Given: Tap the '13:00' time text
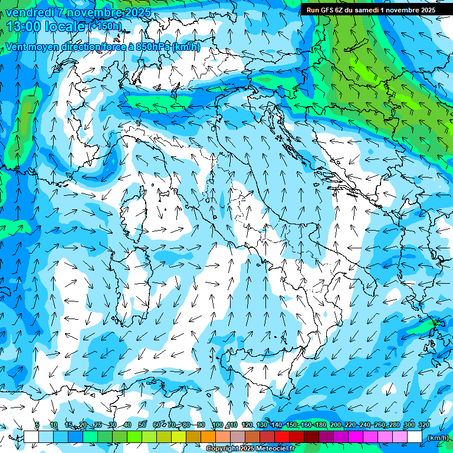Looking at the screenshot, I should pos(23,27).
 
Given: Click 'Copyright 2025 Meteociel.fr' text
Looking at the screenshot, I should pos(251,449).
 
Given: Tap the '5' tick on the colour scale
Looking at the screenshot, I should pos(37,425).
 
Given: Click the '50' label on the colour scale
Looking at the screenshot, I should pos(142,425).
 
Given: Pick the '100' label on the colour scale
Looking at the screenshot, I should pos(217,425).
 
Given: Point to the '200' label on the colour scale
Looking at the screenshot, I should pos(336,425).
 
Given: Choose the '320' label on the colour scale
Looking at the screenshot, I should pos(424,425).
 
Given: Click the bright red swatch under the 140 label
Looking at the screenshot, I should pos(282,437).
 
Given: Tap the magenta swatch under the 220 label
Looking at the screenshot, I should pos(356,437).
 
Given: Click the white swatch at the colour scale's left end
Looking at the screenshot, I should pos(31,437).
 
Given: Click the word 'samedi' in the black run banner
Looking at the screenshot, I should pos(365,9).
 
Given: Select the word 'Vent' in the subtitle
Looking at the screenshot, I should pos(16,47).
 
